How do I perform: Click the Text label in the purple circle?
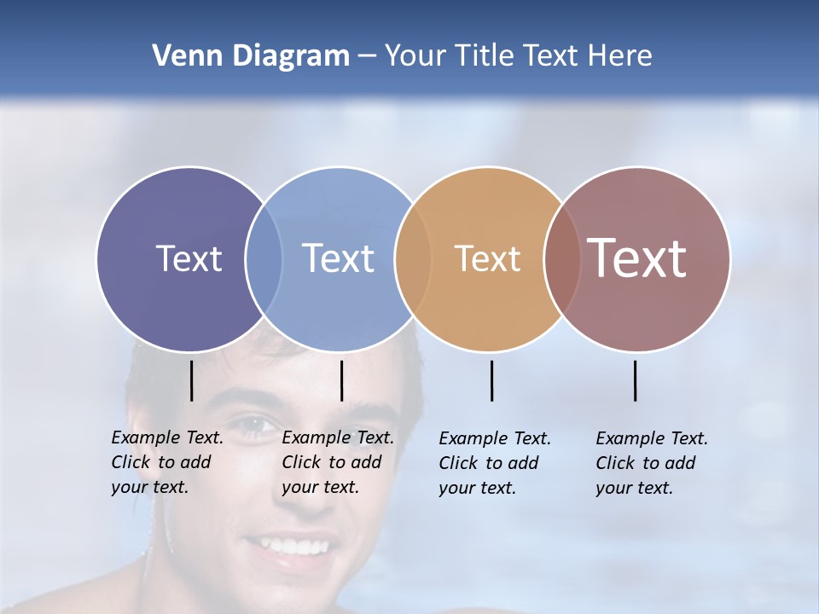189,258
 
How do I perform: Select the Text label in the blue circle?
338,258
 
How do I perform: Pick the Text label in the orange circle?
487,258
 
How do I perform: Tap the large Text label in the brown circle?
637,258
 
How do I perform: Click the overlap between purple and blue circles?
264,258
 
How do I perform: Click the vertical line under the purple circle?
192,380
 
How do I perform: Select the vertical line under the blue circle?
341,380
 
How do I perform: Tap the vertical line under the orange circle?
492,380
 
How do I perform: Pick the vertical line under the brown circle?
636,380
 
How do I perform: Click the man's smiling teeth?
288,545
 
